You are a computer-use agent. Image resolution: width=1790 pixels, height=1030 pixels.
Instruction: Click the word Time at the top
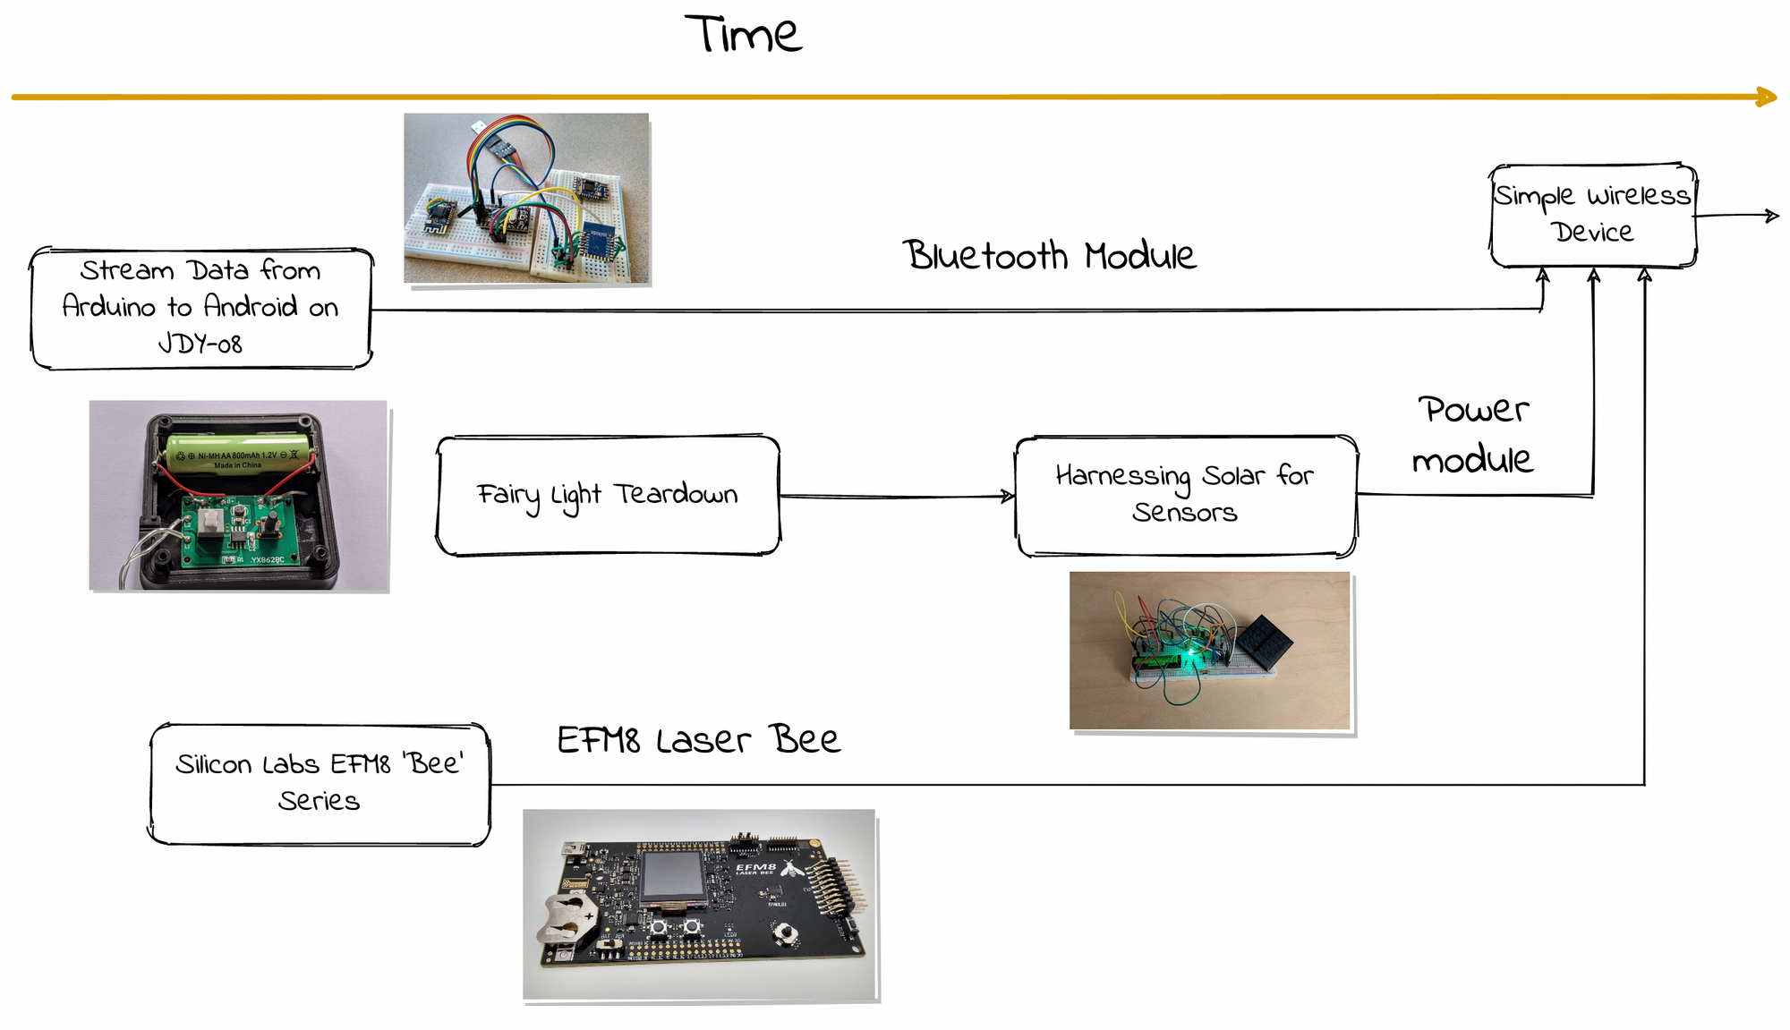[x=743, y=36]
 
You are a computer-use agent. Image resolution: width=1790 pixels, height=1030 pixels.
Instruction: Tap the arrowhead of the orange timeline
[x=1768, y=97]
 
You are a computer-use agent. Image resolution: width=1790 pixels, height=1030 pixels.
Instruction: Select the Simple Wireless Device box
[x=1593, y=215]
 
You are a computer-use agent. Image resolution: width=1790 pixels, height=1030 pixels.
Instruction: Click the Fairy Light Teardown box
[x=608, y=496]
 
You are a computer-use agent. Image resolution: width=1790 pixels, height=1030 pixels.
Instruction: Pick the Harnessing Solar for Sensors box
[x=1185, y=495]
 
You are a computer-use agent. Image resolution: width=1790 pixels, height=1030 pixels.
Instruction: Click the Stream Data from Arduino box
[x=200, y=307]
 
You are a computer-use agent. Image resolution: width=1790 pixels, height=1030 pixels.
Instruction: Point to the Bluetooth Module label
[x=1048, y=256]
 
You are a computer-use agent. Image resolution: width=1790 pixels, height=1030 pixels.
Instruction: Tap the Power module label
[x=1473, y=434]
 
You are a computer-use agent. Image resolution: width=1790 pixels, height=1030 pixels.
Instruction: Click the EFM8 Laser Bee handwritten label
[x=698, y=740]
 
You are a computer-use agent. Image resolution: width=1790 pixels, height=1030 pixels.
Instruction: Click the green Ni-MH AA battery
[x=239, y=452]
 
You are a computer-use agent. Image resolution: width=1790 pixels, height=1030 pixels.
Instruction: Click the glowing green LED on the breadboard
[x=1186, y=663]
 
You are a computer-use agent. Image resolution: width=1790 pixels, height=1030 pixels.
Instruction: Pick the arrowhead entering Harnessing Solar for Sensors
[x=1008, y=496]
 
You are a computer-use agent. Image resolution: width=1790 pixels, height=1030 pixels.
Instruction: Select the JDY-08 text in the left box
[x=200, y=344]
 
